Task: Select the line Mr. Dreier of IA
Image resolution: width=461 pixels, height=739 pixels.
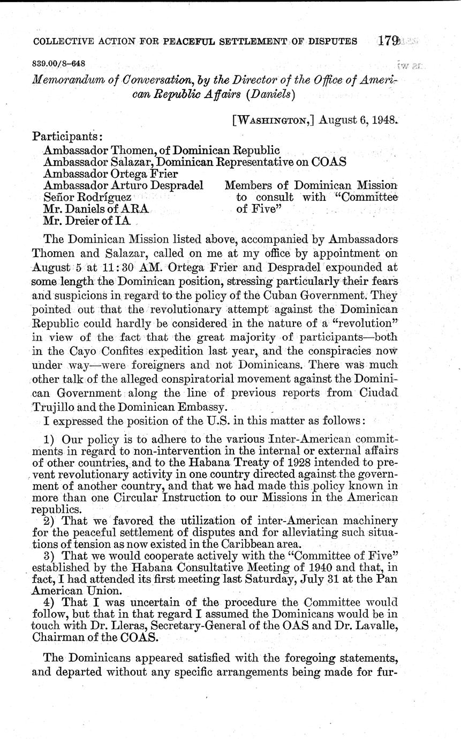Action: [x=85, y=220]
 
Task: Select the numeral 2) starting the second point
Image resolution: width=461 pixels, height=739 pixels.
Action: [x=50, y=521]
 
